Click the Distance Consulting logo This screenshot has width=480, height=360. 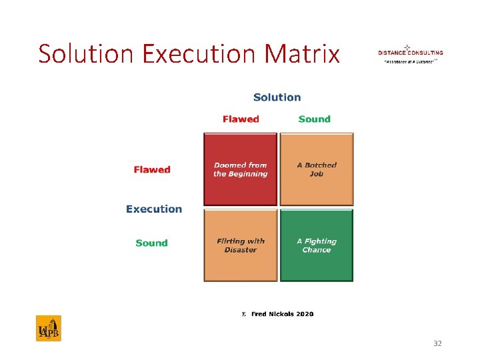[410, 53]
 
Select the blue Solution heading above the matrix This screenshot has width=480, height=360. [277, 97]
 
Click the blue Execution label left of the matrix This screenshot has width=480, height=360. [154, 209]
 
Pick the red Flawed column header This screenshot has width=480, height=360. [241, 119]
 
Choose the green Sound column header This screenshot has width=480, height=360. [314, 119]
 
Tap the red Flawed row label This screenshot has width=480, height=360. [152, 170]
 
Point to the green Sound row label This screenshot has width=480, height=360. [151, 243]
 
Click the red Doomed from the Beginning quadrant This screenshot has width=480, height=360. [240, 169]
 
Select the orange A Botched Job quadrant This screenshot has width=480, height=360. [317, 169]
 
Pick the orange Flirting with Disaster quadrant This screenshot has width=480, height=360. [240, 245]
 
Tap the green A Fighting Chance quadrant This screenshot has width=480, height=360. [317, 245]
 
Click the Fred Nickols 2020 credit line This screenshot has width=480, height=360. [278, 314]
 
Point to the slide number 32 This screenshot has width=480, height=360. [437, 343]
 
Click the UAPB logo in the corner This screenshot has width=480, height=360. [48, 329]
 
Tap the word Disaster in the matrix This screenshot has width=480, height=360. [241, 250]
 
